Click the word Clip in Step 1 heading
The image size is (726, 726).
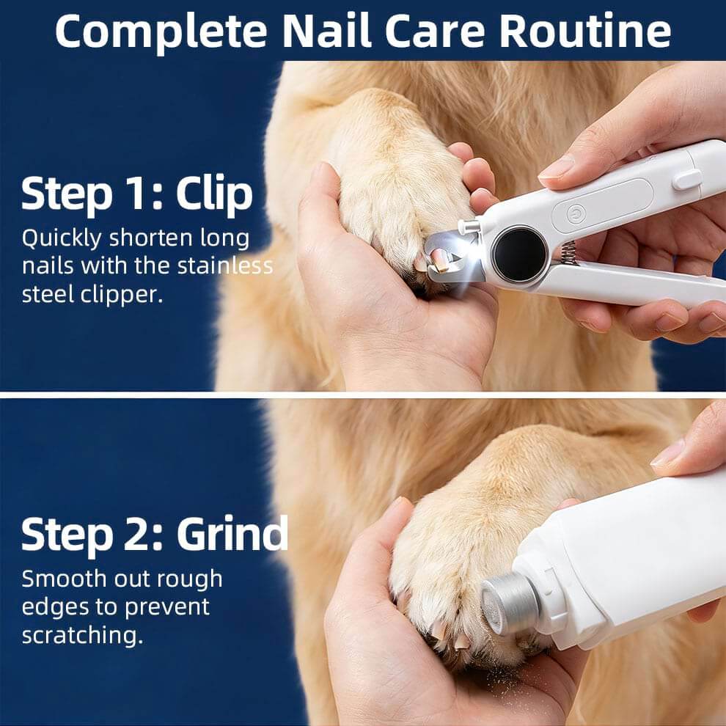point(214,194)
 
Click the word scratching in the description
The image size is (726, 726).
point(82,634)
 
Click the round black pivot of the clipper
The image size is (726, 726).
point(519,254)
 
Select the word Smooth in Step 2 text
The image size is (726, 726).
point(64,579)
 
